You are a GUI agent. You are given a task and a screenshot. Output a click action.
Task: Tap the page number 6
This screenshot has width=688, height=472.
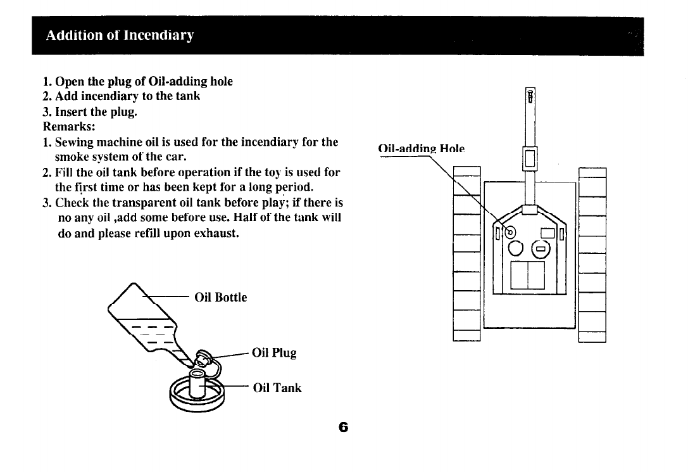(x=343, y=427)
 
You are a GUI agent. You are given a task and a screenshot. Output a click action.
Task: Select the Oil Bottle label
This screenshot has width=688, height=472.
(x=220, y=297)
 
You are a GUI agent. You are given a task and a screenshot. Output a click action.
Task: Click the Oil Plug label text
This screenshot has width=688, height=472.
(x=274, y=352)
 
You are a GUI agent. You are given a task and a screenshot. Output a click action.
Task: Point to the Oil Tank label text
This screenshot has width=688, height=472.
(x=277, y=387)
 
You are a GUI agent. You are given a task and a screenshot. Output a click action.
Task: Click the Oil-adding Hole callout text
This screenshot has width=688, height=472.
(x=421, y=149)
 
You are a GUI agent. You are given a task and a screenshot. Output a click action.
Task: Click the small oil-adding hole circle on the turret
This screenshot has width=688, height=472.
(x=510, y=231)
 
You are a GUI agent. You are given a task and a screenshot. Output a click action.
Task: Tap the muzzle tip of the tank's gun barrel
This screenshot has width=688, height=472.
(x=530, y=96)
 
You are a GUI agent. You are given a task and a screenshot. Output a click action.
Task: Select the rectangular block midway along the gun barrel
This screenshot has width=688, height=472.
(x=530, y=156)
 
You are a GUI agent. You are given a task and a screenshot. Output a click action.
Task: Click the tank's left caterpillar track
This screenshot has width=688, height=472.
(x=467, y=253)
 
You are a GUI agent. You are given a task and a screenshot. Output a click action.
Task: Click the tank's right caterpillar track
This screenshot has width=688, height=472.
(x=592, y=253)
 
